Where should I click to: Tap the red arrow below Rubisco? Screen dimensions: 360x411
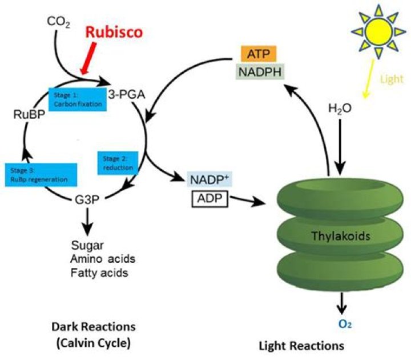pyautogui.click(x=90, y=61)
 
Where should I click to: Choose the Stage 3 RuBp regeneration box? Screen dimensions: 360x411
pyautogui.click(x=41, y=174)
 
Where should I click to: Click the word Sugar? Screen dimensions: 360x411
pyautogui.click(x=86, y=246)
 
